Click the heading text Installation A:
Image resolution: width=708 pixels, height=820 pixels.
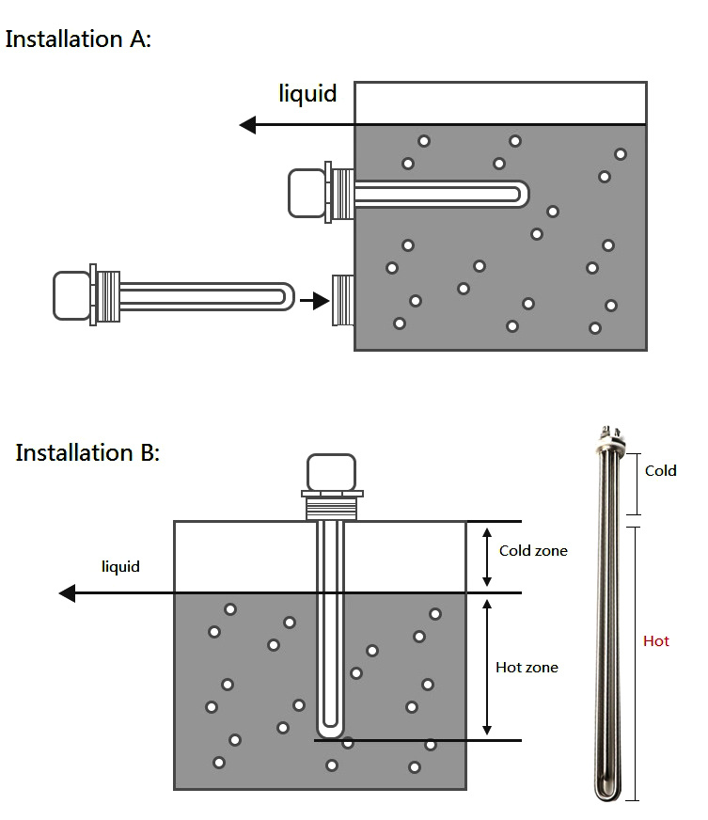pos(78,39)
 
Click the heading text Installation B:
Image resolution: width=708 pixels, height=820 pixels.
pos(87,452)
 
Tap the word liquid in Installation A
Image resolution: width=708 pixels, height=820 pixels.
pos(307,94)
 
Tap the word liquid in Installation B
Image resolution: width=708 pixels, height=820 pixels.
pos(120,566)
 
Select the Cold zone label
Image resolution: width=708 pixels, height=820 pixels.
pos(533,551)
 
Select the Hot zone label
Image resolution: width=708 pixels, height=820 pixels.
pos(527,668)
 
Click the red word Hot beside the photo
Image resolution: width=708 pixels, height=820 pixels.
pos(656,641)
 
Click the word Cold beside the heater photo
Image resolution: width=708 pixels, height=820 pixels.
pos(660,470)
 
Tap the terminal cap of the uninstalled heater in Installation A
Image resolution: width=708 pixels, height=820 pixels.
pos(71,294)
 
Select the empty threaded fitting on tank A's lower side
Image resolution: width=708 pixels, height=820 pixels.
pos(342,300)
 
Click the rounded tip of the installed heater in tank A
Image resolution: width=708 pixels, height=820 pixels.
pos(520,195)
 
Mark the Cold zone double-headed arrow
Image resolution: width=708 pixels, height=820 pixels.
pos(486,557)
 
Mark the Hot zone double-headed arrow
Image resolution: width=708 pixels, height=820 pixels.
pos(486,667)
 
